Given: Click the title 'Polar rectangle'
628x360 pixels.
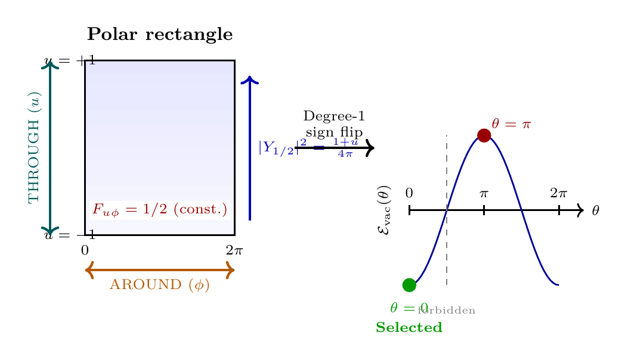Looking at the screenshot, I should [x=159, y=35].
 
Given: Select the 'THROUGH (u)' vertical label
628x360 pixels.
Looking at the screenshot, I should [x=35, y=147].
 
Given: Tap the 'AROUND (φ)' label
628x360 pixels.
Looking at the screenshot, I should [x=160, y=285].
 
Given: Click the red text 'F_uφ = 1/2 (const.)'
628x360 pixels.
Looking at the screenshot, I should [x=159, y=210].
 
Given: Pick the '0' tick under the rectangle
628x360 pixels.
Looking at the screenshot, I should [x=85, y=250].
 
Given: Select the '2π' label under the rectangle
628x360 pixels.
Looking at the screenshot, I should [x=234, y=250].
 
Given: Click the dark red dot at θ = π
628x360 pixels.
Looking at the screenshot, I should [x=484, y=135].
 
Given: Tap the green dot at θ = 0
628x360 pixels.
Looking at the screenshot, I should [x=409, y=285].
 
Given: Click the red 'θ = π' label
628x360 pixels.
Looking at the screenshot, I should [x=511, y=124].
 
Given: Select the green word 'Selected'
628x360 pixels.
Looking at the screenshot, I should [x=409, y=328].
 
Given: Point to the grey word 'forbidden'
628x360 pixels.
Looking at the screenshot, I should [x=447, y=311].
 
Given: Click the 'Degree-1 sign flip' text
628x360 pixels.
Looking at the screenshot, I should [x=334, y=124].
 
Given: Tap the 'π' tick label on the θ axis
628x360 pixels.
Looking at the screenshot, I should [x=484, y=193].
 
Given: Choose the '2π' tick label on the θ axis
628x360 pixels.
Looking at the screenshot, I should [x=558, y=193].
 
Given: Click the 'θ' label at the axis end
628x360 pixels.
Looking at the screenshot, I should [x=595, y=210].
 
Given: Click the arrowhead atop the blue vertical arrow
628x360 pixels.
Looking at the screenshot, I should [x=249, y=80].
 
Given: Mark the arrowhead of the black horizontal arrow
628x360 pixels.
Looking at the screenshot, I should [x=370, y=148].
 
